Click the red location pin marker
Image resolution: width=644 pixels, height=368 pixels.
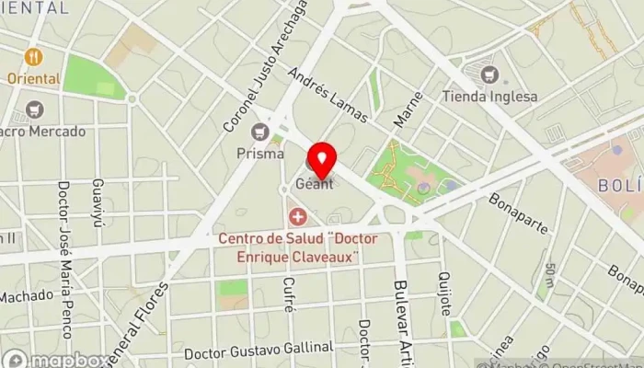[x=322, y=160]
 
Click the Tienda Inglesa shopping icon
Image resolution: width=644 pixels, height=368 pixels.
[x=489, y=73]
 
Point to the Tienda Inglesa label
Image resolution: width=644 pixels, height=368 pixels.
[x=488, y=95]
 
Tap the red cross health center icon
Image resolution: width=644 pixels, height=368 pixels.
[x=298, y=217]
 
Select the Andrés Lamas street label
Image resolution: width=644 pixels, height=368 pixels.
[x=328, y=95]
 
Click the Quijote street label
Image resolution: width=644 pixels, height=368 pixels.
[x=445, y=293]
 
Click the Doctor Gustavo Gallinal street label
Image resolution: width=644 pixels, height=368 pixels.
[x=259, y=351]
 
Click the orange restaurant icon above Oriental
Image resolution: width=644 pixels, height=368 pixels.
[x=35, y=57]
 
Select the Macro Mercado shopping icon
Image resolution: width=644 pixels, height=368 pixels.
[x=35, y=110]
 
